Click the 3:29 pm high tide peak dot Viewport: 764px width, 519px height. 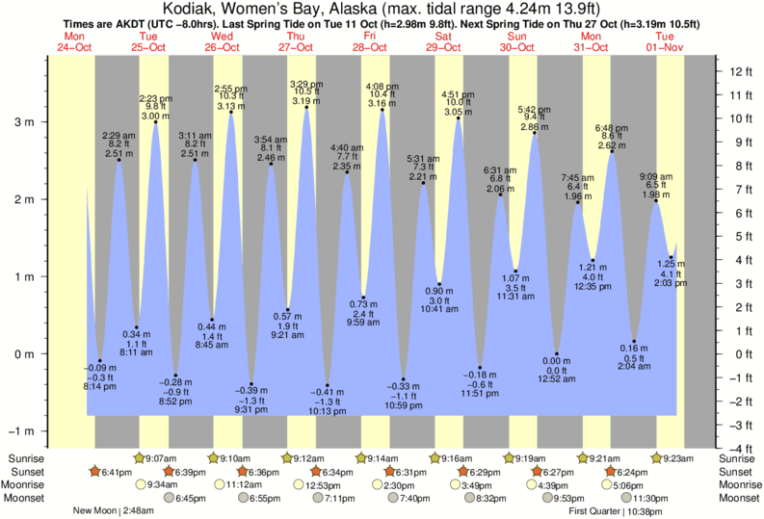coord(307,107)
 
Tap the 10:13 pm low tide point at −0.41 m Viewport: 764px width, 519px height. coord(328,385)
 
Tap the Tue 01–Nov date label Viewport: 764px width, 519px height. coord(666,40)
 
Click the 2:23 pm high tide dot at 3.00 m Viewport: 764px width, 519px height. coord(155,121)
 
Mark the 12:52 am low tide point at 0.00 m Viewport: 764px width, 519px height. coord(557,353)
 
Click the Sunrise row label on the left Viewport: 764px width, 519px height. coord(25,458)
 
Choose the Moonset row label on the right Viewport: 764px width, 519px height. coord(739,499)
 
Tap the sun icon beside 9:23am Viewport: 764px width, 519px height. coord(655,458)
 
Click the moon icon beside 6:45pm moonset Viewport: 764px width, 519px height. coord(169,499)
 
